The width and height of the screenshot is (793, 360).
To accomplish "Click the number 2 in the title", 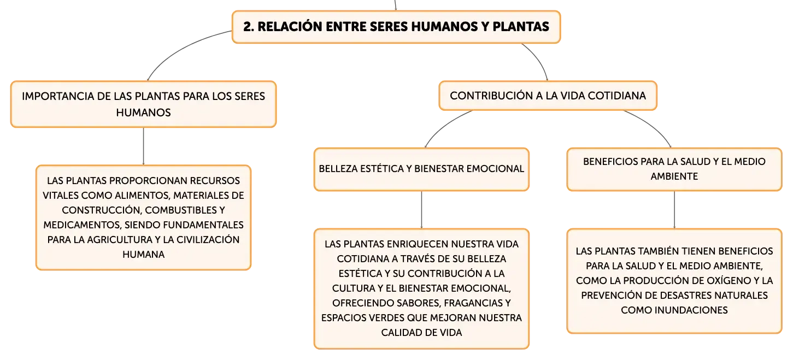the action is point(249,27).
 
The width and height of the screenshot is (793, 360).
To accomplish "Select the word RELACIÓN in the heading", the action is point(290,27).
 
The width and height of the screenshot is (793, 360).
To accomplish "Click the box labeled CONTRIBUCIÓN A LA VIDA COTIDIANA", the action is point(548,96).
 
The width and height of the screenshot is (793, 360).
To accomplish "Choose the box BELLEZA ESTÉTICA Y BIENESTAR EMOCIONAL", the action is point(421,169).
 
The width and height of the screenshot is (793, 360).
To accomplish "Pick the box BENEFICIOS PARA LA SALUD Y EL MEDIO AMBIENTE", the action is point(674,169).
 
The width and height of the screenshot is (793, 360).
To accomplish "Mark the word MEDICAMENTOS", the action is point(82,225).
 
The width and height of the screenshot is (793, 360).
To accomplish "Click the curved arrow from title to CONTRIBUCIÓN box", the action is point(539,58).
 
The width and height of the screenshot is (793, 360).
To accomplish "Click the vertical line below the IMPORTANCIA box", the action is point(143,146).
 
